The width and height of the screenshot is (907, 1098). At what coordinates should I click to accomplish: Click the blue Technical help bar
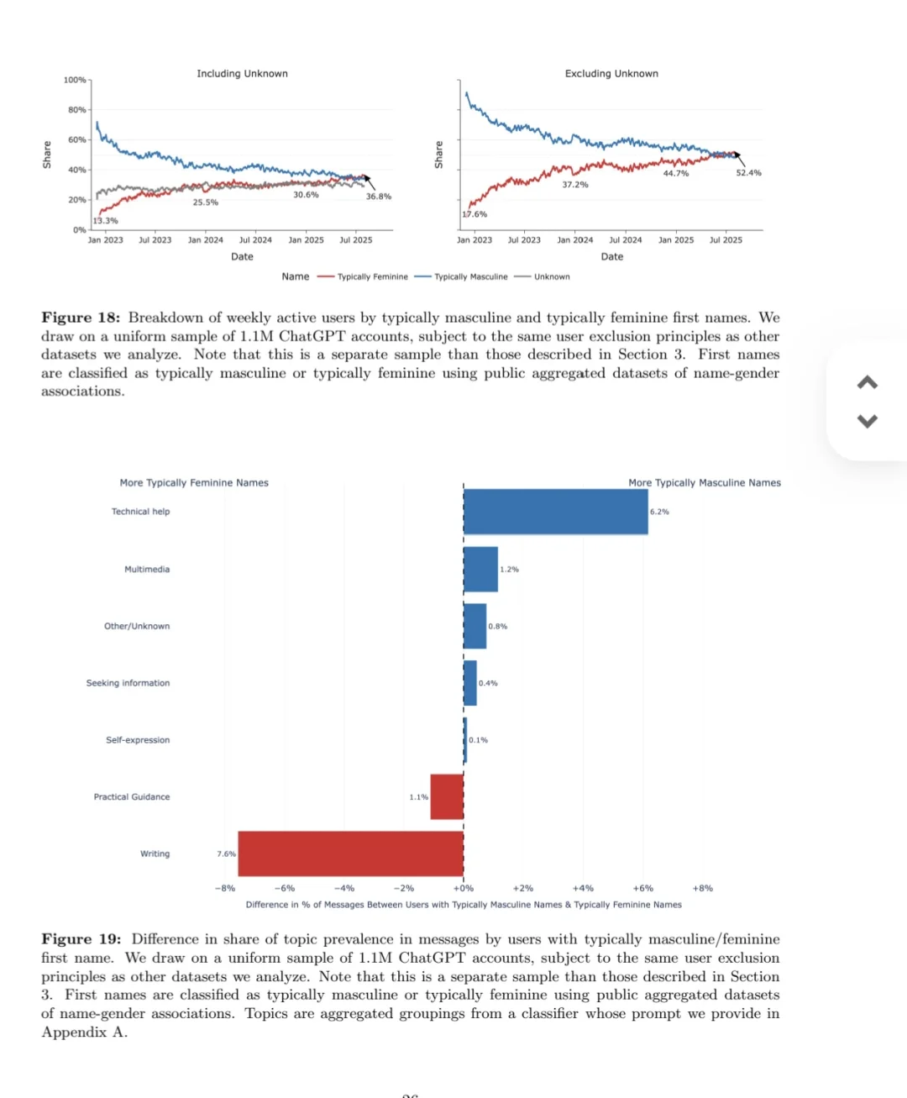(x=555, y=512)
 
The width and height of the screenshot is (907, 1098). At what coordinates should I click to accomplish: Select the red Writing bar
(x=350, y=854)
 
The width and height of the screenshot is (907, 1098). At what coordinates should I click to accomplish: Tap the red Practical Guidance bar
(x=447, y=796)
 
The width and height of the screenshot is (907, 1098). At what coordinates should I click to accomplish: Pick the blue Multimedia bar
(x=480, y=570)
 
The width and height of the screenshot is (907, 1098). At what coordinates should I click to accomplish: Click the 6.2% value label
(x=660, y=512)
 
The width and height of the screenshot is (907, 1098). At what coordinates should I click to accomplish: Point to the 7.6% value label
(x=226, y=854)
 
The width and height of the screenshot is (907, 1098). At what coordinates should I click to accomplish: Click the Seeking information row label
(x=128, y=683)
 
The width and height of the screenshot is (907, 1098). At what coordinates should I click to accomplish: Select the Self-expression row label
(x=138, y=740)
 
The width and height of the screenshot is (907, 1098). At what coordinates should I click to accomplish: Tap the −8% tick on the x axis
(x=225, y=888)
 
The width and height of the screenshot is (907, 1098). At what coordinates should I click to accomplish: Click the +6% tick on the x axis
(x=642, y=888)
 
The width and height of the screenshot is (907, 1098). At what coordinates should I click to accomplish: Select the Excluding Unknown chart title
(x=611, y=74)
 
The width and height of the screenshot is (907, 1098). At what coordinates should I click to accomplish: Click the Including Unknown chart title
(x=242, y=74)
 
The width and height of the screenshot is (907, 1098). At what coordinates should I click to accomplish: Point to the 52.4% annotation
(x=748, y=173)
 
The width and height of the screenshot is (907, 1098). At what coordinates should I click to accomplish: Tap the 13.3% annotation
(x=106, y=221)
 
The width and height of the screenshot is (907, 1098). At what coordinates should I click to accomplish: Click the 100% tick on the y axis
(x=75, y=80)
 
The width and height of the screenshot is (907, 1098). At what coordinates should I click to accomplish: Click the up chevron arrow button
(x=868, y=383)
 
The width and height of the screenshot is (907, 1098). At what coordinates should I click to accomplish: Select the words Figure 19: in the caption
(x=81, y=939)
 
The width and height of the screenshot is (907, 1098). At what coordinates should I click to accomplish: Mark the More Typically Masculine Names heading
(x=705, y=483)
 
